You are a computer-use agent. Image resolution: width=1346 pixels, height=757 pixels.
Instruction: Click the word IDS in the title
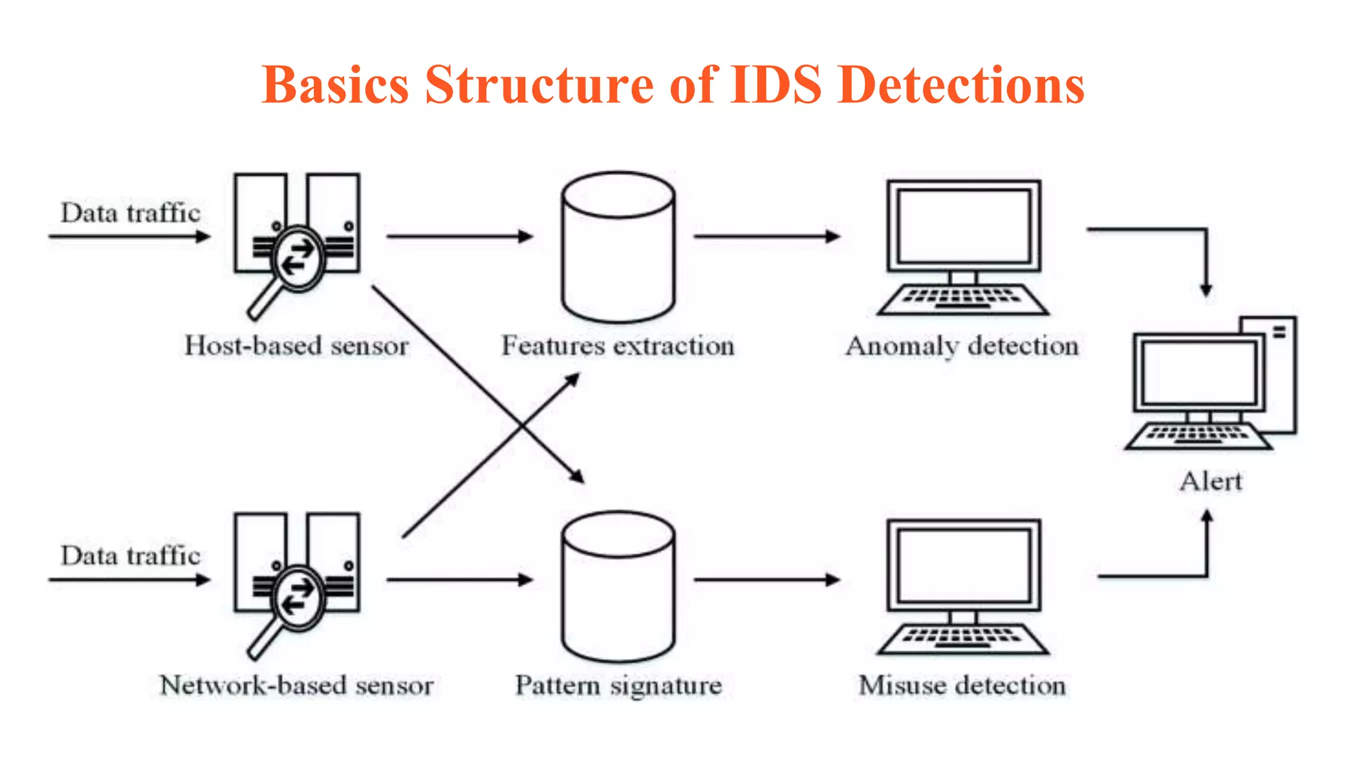coord(776,85)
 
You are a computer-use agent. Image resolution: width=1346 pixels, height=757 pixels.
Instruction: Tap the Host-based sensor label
coord(296,346)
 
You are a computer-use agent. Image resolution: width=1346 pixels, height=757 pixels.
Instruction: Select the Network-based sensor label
coord(296,685)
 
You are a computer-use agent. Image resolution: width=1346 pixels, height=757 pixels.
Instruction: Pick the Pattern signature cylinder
coord(618,591)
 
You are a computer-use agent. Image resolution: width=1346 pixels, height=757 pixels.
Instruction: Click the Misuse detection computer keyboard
coord(963,638)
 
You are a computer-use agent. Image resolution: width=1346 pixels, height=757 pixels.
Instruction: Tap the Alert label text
coord(1211,482)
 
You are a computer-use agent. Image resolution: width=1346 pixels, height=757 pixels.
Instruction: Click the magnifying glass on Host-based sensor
coord(298,259)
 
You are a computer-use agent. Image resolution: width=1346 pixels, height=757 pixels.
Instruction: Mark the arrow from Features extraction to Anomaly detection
coord(766,236)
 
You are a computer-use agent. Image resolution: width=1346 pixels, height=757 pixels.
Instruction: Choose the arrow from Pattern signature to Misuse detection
coord(766,580)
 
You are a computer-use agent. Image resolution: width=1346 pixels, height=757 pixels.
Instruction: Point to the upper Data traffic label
coord(130,214)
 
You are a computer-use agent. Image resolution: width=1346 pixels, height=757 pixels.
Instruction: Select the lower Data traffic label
coord(130,556)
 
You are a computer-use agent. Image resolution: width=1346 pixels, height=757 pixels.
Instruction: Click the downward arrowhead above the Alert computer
coord(1206,288)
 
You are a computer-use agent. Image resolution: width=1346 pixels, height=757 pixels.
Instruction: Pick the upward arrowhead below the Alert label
coord(1207,518)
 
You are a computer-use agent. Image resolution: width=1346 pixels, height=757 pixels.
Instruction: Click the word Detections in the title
coord(962,85)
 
